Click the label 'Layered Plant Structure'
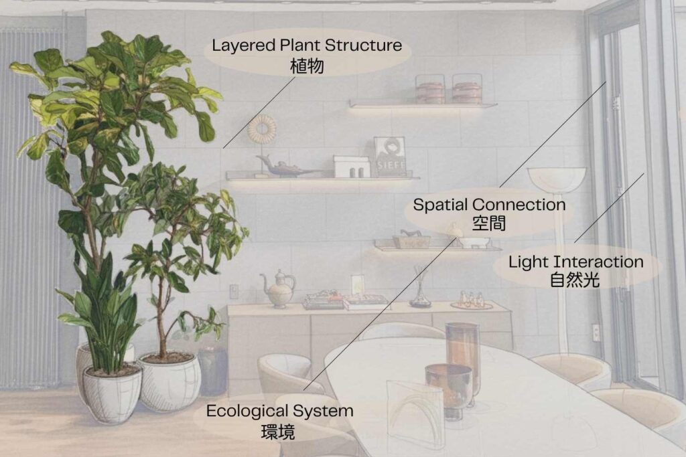(307, 46)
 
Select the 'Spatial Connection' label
(489, 205)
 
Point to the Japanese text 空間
(489, 224)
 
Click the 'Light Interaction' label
(575, 262)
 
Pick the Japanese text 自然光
(575, 280)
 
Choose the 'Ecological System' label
(279, 411)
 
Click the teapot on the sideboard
(278, 289)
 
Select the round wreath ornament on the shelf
(261, 129)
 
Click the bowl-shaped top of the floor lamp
(556, 179)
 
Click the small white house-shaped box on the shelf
(351, 167)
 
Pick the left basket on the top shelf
(430, 89)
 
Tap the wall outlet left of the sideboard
(233, 291)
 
